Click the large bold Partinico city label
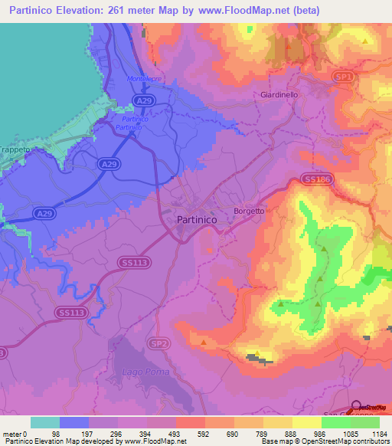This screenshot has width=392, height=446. click(x=191, y=219)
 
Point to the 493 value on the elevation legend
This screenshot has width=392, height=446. click(x=175, y=435)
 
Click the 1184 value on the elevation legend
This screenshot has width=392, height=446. click(x=380, y=435)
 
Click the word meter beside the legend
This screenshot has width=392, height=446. click(x=11, y=435)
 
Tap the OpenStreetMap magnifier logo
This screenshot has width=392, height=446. click(x=356, y=408)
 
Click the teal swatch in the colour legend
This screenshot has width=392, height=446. click(x=45, y=422)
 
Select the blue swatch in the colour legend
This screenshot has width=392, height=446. click(x=74, y=422)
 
